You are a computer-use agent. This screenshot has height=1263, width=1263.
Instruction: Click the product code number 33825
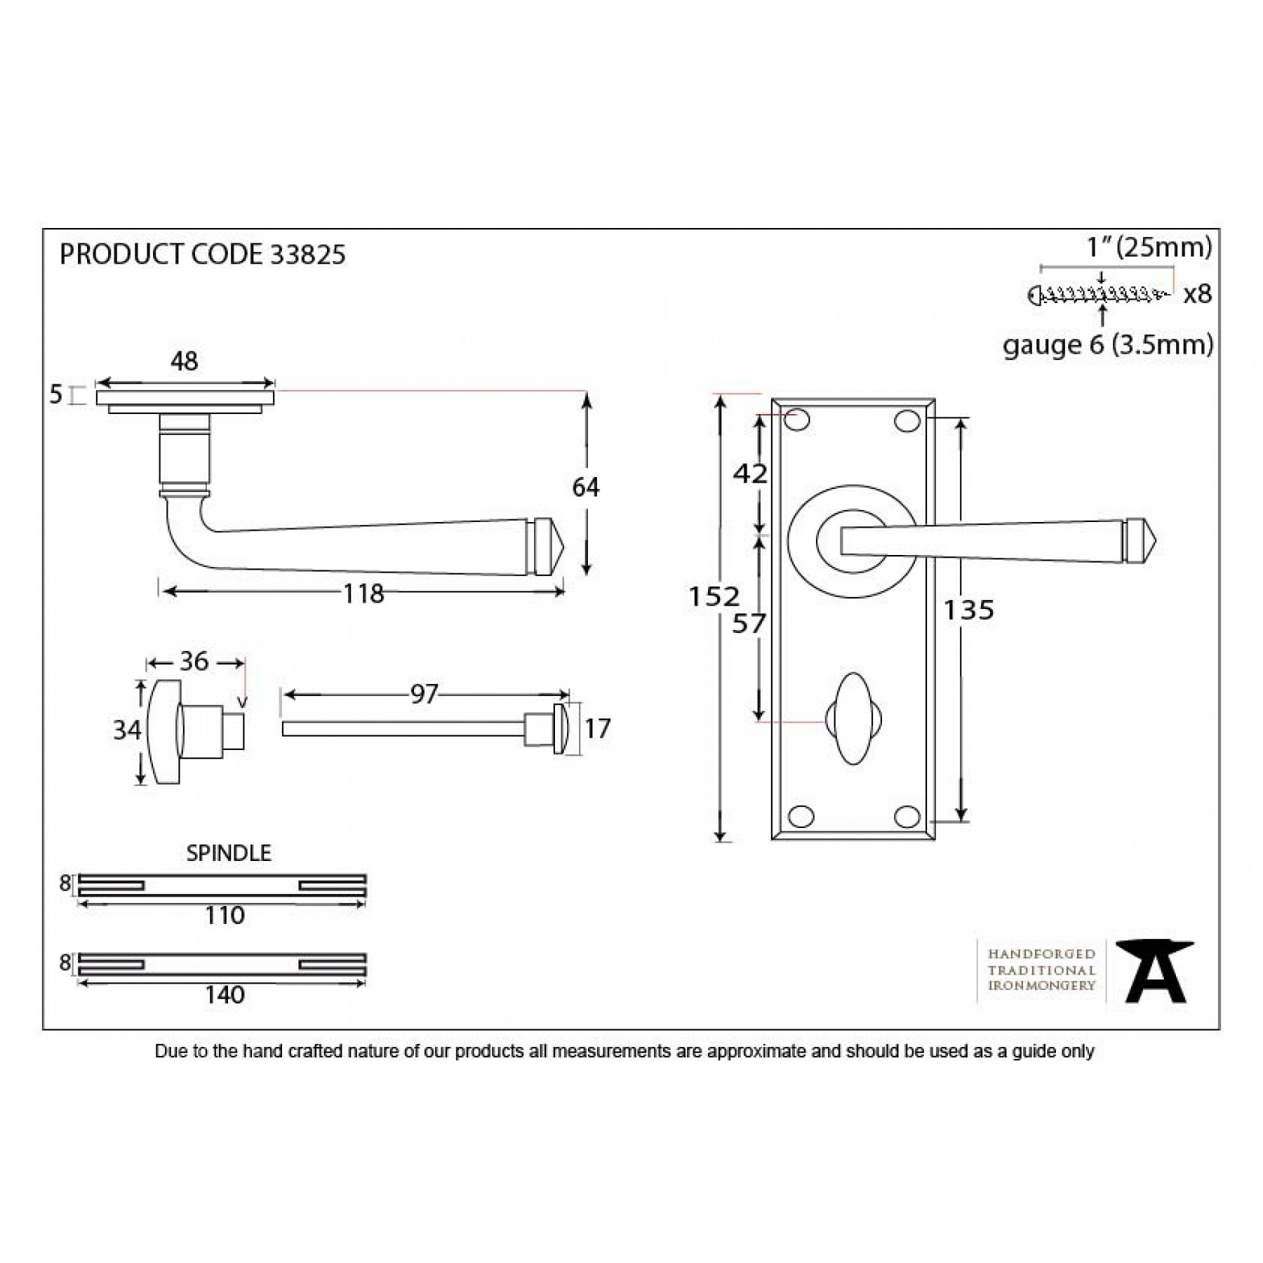click(x=307, y=255)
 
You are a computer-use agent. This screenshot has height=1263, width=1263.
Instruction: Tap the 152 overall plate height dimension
click(x=714, y=596)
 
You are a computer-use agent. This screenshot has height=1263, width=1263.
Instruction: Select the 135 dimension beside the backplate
click(x=968, y=610)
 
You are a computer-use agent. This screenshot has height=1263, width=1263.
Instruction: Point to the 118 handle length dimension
click(x=363, y=594)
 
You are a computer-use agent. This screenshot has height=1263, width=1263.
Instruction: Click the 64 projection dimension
click(x=586, y=486)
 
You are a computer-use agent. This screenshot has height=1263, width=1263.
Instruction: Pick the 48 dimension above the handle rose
click(x=184, y=361)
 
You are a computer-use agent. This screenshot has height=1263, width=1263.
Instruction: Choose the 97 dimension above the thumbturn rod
click(x=424, y=694)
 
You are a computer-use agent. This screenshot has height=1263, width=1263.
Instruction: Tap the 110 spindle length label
click(x=225, y=915)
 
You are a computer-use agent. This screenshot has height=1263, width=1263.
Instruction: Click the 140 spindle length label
click(x=225, y=994)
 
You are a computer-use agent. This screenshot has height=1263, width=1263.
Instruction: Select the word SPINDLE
click(x=228, y=853)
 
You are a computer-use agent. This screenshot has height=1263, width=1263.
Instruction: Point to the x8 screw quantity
click(x=1197, y=295)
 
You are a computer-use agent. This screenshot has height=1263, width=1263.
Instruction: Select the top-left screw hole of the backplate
click(x=798, y=420)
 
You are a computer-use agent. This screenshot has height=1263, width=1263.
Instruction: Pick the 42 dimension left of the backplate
click(x=750, y=474)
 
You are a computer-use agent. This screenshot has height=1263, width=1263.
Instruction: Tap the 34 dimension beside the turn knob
click(x=127, y=730)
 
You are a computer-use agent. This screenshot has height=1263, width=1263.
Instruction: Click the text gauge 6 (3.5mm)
click(x=1107, y=345)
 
